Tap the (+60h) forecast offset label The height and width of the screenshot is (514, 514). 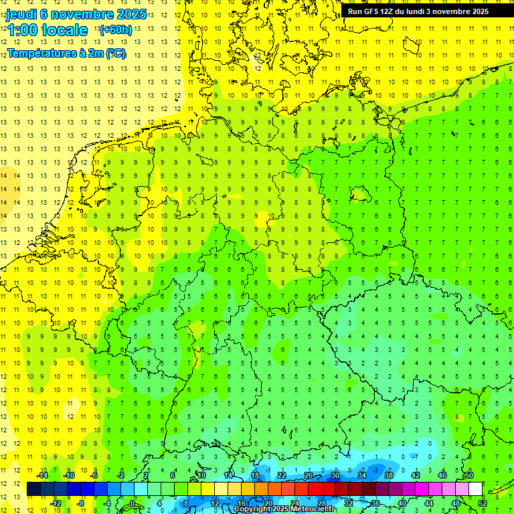point(115,30)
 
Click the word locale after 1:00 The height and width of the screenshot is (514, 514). point(63,30)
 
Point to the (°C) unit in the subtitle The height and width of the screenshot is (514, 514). point(116,54)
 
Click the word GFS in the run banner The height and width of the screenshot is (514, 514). point(372,11)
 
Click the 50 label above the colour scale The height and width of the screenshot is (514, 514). point(468,475)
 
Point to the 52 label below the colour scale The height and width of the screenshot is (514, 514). point(483,503)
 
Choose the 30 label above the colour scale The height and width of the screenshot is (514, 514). point(335,475)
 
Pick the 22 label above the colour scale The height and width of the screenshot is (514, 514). point(281,475)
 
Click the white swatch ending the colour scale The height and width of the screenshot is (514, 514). point(475,489)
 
